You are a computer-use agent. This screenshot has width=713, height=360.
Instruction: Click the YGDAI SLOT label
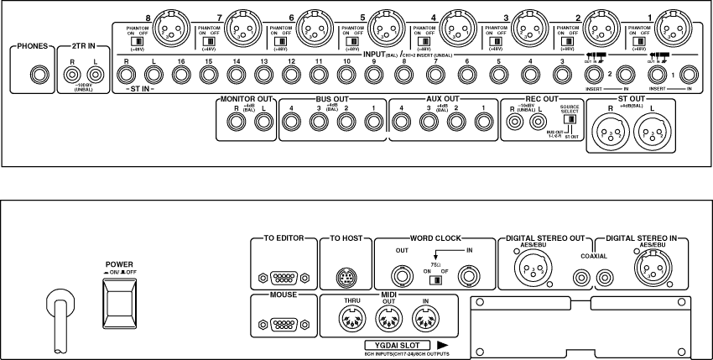pyautogui.click(x=398, y=345)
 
